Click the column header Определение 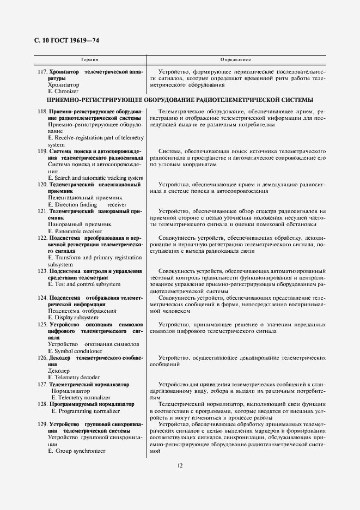tap(235, 58)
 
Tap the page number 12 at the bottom tap(180, 465)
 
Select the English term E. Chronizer tap(63, 92)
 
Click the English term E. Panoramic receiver tap(75, 231)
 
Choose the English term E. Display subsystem tap(73, 317)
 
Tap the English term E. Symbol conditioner tap(75, 351)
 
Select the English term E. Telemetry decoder tap(74, 377)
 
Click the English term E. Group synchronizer tap(77, 451)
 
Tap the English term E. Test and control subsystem tap(84, 284)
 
